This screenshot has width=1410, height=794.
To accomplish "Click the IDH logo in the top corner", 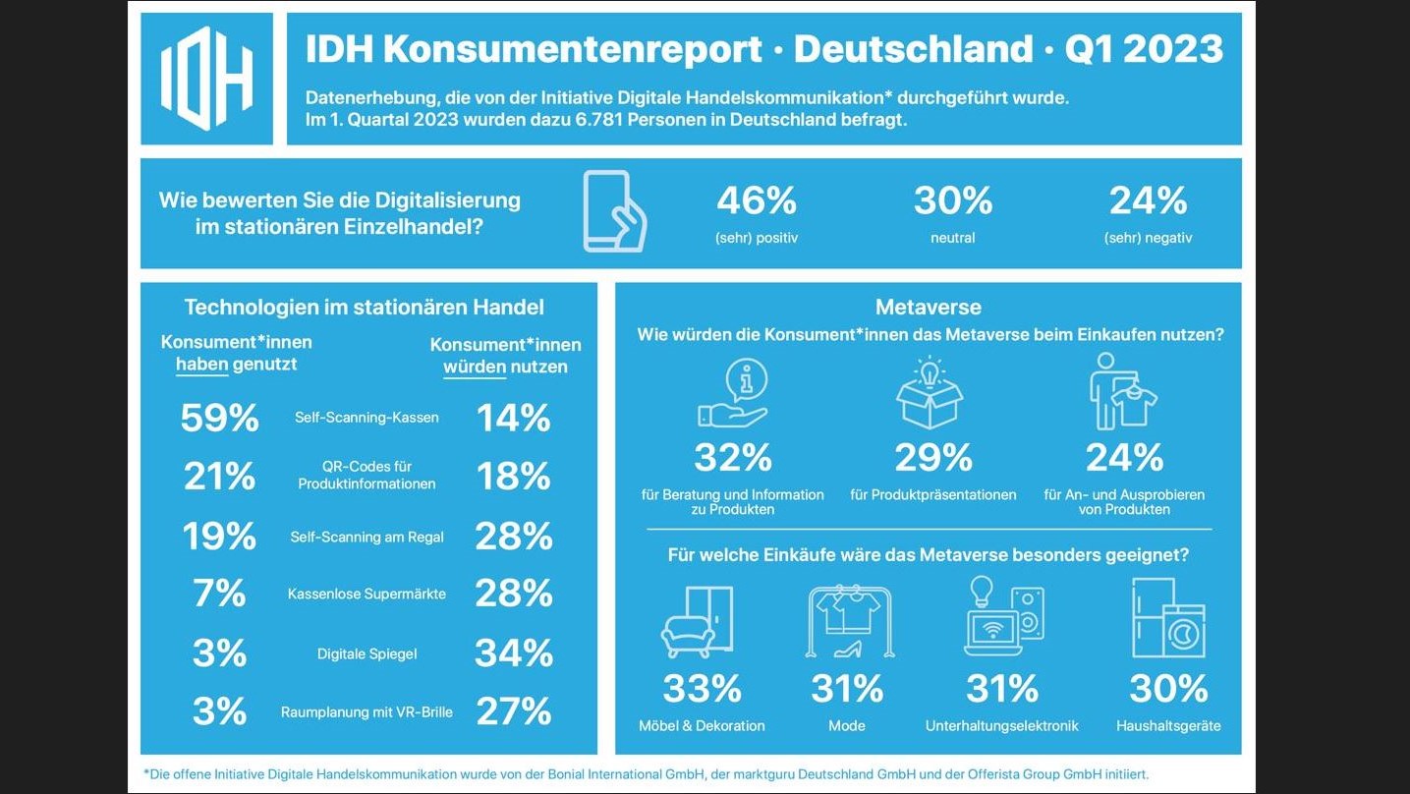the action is [x=206, y=79].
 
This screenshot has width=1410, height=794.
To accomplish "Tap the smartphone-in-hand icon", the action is [x=614, y=211].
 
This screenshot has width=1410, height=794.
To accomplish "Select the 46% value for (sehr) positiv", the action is [x=757, y=200].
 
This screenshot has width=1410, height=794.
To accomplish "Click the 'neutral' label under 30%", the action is [x=952, y=238].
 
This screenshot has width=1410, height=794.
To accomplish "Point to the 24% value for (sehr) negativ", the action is [x=1148, y=200].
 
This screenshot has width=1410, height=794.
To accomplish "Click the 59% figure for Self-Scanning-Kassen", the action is [x=219, y=418].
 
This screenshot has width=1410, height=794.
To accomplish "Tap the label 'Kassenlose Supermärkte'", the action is [x=367, y=594].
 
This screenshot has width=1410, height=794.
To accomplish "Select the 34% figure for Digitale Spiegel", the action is [x=514, y=652].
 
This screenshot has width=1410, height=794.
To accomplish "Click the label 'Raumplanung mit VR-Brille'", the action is [x=367, y=712].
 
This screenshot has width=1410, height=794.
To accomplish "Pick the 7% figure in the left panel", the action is [x=219, y=594].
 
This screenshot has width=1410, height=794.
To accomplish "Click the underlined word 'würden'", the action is [x=475, y=368].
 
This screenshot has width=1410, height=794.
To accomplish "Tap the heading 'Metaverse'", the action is [x=929, y=308].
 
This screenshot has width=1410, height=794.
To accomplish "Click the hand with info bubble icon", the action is [x=733, y=394].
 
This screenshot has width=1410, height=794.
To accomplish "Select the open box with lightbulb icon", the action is [x=930, y=393].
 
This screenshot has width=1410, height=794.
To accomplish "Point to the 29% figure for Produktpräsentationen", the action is [x=933, y=458].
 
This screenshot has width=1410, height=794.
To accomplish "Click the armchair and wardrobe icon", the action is [x=698, y=622].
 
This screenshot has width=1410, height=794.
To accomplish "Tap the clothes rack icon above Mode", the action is [x=850, y=621].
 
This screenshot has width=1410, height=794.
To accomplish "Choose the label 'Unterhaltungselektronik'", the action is [x=1001, y=726].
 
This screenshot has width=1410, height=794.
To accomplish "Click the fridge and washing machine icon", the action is [x=1169, y=618].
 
